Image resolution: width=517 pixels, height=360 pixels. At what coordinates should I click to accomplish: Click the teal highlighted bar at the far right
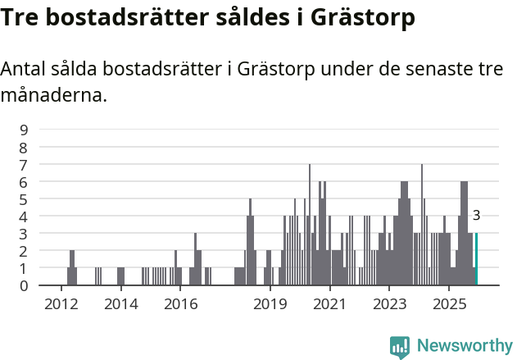click(x=476, y=259)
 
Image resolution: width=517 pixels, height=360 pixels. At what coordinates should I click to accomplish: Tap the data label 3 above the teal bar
click(x=476, y=216)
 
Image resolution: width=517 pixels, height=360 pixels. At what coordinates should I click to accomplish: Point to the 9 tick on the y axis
click(x=24, y=130)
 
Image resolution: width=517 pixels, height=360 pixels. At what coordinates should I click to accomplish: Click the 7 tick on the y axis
click(x=24, y=164)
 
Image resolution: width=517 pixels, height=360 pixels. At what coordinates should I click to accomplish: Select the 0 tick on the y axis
click(x=24, y=285)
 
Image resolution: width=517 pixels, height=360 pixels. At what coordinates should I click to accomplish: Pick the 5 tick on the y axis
click(x=24, y=198)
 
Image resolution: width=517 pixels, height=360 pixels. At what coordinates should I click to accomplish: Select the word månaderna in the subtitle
click(x=54, y=96)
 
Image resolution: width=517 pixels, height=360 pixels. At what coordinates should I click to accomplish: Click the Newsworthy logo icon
click(x=400, y=347)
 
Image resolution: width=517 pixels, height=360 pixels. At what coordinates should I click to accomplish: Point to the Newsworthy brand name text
click(x=464, y=346)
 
